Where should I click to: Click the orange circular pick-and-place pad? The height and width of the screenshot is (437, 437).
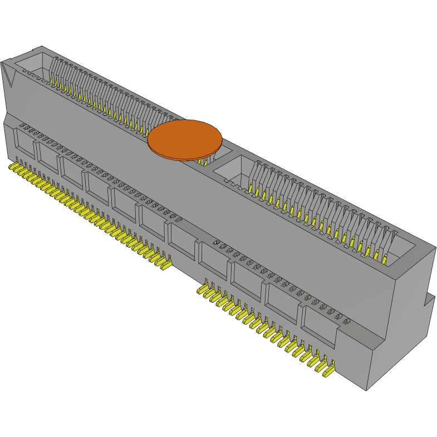pos(184,139)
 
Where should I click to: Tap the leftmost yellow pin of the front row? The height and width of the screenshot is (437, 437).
pos(13,167)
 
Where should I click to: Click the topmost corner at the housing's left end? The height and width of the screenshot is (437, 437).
pos(43,47)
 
